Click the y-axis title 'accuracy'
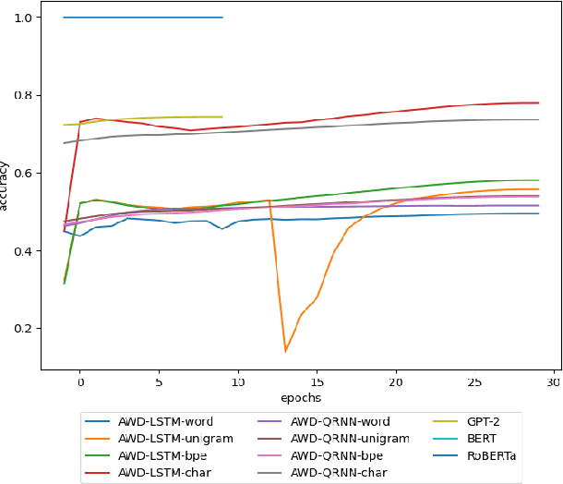(6, 186)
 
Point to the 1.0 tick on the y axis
(25, 18)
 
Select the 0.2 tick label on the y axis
(25, 329)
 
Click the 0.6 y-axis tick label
(25, 174)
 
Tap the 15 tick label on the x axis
(317, 381)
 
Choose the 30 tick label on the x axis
(554, 381)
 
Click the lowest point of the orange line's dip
(285, 351)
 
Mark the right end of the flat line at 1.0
(222, 18)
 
